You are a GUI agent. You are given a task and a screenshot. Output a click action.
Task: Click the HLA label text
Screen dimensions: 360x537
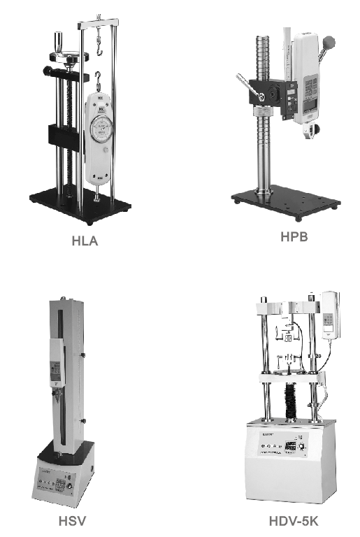85,241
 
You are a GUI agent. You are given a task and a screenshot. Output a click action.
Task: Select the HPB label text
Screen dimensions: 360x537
294,236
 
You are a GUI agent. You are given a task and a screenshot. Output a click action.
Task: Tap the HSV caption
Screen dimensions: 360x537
72,521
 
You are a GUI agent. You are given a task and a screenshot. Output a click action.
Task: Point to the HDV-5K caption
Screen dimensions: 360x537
294,521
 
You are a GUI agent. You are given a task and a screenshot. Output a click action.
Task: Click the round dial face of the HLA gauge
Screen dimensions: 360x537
101,129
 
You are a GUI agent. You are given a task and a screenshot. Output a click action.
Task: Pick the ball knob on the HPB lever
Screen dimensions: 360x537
328,43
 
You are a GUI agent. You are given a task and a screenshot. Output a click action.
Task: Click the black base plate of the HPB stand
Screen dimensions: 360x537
286,202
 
